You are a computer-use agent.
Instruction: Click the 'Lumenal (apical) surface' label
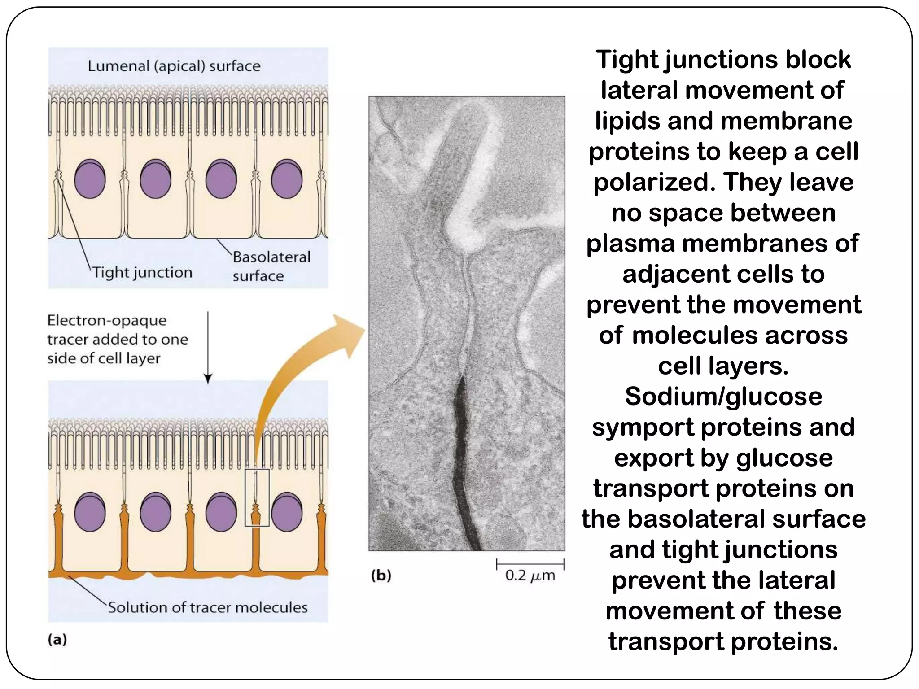pos(174,66)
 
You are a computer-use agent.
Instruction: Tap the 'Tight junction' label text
pos(142,273)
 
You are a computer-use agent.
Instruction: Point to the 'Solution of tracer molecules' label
pos(208,607)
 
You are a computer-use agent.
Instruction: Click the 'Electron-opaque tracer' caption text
pos(118,339)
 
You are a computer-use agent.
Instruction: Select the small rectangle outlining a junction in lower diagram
pos(257,497)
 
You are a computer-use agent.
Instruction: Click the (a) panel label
pos(57,640)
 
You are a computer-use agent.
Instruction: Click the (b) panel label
pos(381,576)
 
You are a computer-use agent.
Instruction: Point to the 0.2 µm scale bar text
pos(530,576)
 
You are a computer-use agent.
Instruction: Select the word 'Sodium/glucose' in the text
pos(723,397)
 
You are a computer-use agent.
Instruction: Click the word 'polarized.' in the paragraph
pos(654,183)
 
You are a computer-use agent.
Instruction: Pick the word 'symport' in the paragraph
pos(643,427)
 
